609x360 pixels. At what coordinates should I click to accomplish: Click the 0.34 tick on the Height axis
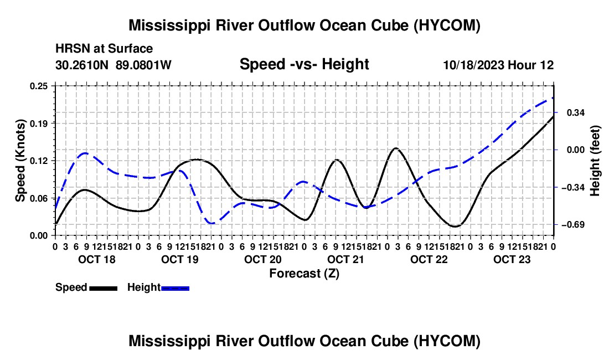point(576,112)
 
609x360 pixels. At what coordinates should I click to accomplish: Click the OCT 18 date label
point(97,259)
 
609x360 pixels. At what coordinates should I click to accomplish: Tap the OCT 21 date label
point(345,259)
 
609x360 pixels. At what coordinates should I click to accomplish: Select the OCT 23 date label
point(512,259)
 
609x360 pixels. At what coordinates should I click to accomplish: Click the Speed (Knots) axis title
point(20,161)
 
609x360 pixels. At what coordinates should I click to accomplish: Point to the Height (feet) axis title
point(595,161)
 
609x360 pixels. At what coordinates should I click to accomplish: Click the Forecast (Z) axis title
point(304,274)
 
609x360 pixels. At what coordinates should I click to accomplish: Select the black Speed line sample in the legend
point(104,288)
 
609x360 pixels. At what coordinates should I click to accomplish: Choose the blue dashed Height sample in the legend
point(175,288)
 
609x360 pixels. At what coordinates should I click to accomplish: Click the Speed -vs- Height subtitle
point(304,64)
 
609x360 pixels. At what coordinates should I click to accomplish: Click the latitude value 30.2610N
point(82,65)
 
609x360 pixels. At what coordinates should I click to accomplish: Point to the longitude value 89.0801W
point(143,65)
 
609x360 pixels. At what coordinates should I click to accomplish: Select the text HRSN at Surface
point(104,49)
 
